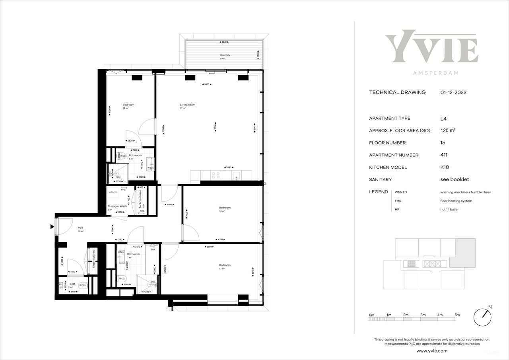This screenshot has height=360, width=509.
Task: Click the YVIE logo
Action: (x=431, y=49)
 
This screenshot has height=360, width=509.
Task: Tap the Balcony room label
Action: (x=225, y=55)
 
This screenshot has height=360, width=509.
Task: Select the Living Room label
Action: (x=187, y=105)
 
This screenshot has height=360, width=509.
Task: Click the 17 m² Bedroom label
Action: (x=225, y=265)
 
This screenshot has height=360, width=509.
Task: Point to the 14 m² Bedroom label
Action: (x=225, y=208)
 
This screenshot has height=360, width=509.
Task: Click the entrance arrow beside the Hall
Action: (x=52, y=227)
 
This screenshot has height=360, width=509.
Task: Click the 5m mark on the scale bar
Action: (x=457, y=315)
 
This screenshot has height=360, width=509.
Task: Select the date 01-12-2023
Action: (x=453, y=92)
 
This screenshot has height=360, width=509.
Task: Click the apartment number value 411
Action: (x=444, y=155)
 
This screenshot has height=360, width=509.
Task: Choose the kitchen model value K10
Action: (x=445, y=167)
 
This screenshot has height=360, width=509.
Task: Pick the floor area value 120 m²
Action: (x=448, y=130)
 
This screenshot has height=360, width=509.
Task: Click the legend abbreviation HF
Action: (x=396, y=209)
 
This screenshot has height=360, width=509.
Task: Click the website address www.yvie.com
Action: (x=432, y=351)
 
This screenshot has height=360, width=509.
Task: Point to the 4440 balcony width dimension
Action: (x=224, y=42)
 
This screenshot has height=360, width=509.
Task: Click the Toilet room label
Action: (x=72, y=284)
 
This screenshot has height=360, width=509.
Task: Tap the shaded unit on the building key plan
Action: (x=465, y=253)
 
